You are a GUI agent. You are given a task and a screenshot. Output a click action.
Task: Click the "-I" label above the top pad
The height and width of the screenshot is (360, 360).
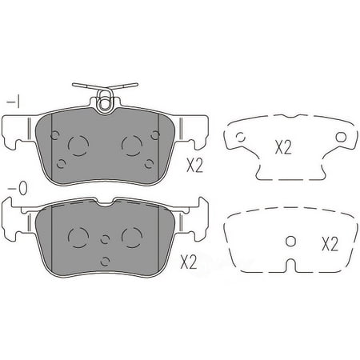pyautogui.click(x=14, y=103)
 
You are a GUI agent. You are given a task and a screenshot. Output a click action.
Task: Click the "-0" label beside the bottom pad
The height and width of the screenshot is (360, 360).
pyautogui.click(x=18, y=189)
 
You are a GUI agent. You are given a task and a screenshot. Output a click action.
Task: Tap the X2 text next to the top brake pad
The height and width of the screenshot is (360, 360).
pyautogui.click(x=194, y=166)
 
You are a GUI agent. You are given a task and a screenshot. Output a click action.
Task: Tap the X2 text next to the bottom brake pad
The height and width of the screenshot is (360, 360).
pyautogui.click(x=189, y=262)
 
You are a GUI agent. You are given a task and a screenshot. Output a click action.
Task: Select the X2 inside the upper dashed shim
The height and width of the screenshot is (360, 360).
pyautogui.click(x=283, y=148)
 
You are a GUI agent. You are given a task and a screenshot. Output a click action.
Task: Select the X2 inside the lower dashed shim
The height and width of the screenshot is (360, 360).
pyautogui.click(x=330, y=244)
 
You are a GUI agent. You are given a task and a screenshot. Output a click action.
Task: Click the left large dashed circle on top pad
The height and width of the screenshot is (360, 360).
pyautogui.click(x=78, y=146)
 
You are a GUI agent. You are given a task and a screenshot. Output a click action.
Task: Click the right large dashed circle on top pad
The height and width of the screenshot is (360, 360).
pyautogui.click(x=132, y=146)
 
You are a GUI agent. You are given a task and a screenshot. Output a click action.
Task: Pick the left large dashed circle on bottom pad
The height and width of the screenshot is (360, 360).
pyautogui.click(x=78, y=238)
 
